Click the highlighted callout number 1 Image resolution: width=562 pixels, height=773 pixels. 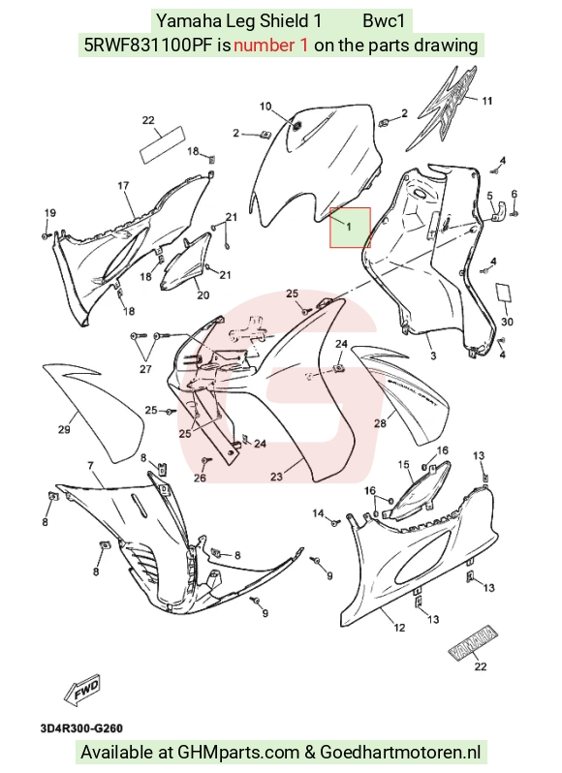click(x=349, y=228)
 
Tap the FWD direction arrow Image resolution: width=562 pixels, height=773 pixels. click(x=82, y=688)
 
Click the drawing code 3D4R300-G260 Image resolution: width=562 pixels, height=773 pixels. click(x=81, y=728)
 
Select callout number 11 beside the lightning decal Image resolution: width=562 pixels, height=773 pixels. click(x=487, y=101)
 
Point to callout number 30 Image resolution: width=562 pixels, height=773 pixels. click(x=508, y=322)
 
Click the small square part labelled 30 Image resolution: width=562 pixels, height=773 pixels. click(x=503, y=293)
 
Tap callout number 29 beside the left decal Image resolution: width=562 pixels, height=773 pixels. click(x=64, y=429)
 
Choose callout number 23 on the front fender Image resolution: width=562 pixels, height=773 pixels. click(x=276, y=477)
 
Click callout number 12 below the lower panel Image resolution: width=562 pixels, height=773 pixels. click(x=399, y=628)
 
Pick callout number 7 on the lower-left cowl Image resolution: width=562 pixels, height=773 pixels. click(x=91, y=466)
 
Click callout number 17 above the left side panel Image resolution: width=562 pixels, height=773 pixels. click(x=123, y=185)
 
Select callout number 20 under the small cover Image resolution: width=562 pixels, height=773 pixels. click(x=203, y=294)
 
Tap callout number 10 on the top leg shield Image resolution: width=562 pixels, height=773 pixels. click(x=265, y=107)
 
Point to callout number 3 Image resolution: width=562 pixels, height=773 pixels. click(x=433, y=356)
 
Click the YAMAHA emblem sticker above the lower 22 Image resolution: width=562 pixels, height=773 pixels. click(x=472, y=642)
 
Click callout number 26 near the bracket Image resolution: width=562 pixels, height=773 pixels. click(x=200, y=478)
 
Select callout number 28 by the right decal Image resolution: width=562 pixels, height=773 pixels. click(x=380, y=423)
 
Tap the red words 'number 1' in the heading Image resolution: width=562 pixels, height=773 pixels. click(x=271, y=46)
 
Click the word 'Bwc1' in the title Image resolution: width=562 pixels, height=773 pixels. click(x=384, y=20)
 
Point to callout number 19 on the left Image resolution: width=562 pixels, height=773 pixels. click(x=50, y=213)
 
